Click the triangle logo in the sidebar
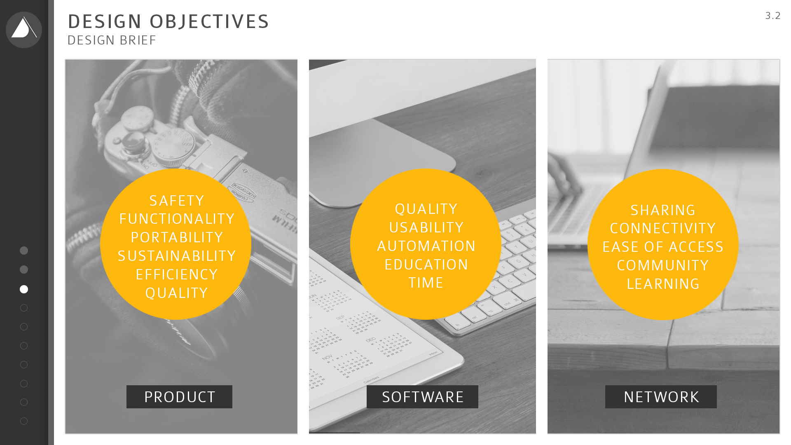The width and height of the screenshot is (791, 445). pyautogui.click(x=24, y=30)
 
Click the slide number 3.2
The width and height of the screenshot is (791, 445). pyautogui.click(x=773, y=16)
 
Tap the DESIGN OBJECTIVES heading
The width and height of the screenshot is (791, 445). pyautogui.click(x=168, y=21)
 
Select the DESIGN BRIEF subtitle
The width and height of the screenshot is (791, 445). pyautogui.click(x=112, y=40)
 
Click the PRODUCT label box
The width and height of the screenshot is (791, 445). pyautogui.click(x=179, y=397)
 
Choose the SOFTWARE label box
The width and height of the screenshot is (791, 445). pyautogui.click(x=422, y=397)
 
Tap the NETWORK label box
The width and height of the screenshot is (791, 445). pyautogui.click(x=661, y=397)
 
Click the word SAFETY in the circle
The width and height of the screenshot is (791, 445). pyautogui.click(x=177, y=201)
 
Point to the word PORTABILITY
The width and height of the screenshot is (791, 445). pyautogui.click(x=177, y=237)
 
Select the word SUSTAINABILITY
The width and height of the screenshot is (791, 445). pyautogui.click(x=177, y=256)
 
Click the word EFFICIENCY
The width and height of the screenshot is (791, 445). pyautogui.click(x=177, y=274)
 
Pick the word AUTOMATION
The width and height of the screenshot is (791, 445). pyautogui.click(x=426, y=246)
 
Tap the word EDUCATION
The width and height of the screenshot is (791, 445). pyautogui.click(x=426, y=265)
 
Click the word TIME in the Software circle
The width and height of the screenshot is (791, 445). pyautogui.click(x=426, y=283)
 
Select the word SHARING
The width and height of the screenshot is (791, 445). pyautogui.click(x=663, y=210)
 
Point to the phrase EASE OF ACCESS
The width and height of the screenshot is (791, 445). pyautogui.click(x=663, y=247)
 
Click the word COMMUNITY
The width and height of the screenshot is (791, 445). pyautogui.click(x=663, y=265)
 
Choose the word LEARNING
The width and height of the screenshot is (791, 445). pyautogui.click(x=663, y=284)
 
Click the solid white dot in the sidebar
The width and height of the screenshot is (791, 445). pyautogui.click(x=24, y=289)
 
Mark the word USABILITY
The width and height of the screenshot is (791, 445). pyautogui.click(x=426, y=227)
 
